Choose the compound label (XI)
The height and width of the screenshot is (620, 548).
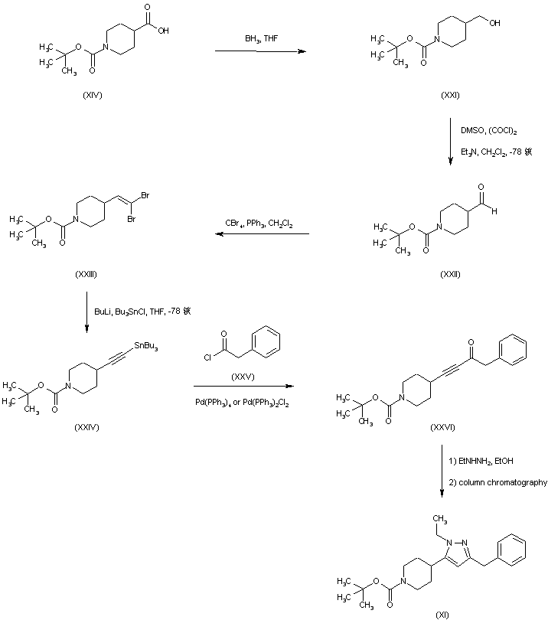click(442, 613)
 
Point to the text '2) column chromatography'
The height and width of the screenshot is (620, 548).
click(498, 482)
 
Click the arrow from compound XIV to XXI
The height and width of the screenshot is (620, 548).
click(259, 51)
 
